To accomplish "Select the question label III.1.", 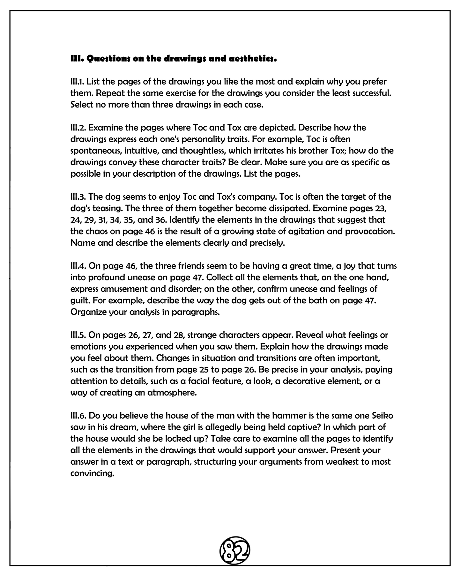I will [x=77, y=82].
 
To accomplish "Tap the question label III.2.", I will [x=78, y=128].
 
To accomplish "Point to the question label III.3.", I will [x=78, y=197].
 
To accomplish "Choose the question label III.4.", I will [x=78, y=266].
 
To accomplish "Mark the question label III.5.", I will [x=78, y=335].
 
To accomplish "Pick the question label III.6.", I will [x=78, y=416].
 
